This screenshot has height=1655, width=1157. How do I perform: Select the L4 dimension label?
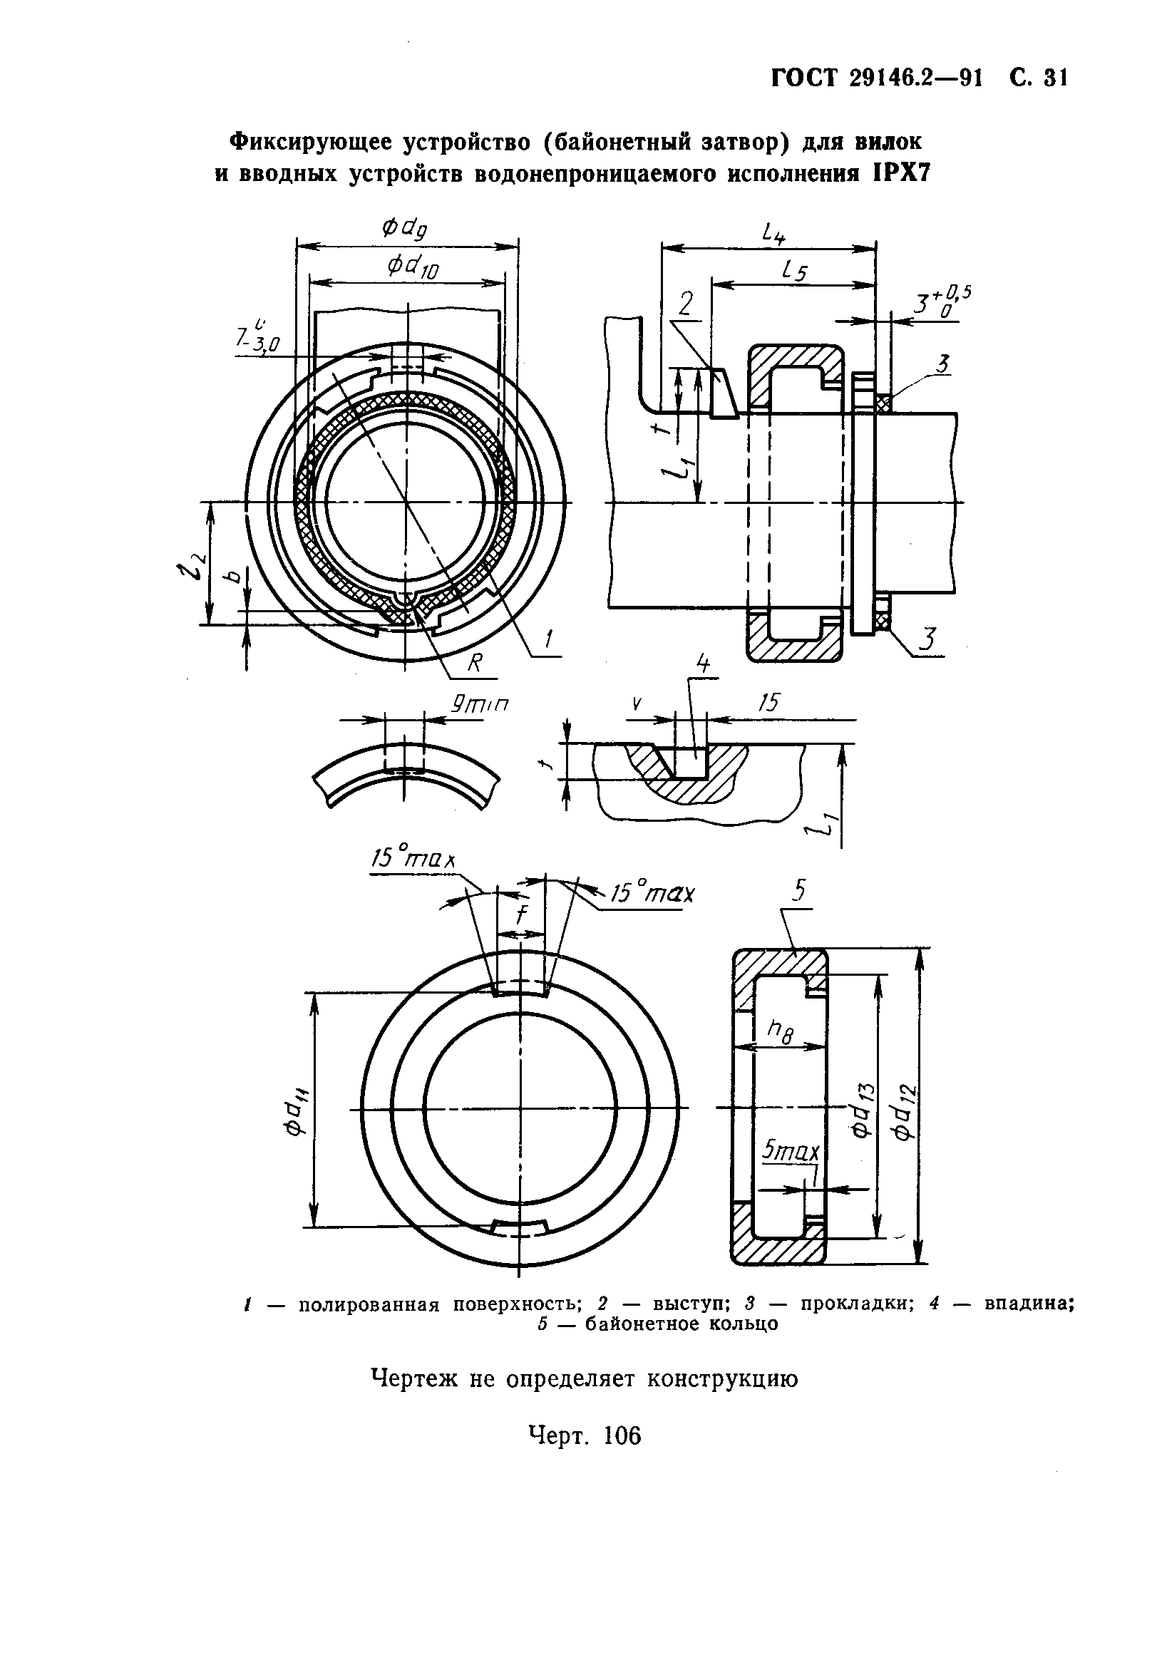773,233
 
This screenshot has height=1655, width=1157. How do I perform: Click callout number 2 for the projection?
685,305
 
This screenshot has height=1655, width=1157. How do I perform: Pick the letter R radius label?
474,664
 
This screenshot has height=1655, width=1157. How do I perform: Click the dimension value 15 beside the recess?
769,703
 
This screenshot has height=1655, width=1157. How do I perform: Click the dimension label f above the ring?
522,914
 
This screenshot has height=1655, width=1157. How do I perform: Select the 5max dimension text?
791,1153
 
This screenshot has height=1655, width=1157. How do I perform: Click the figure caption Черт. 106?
584,1450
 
